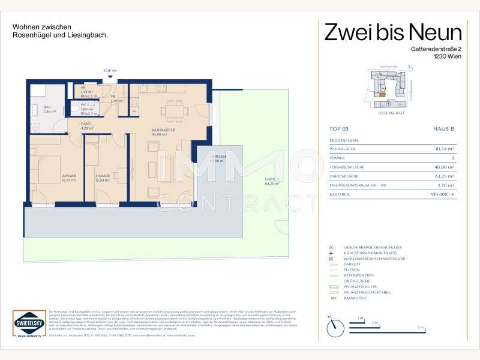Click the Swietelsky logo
28,325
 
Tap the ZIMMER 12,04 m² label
102,178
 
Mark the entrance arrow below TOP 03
110,78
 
